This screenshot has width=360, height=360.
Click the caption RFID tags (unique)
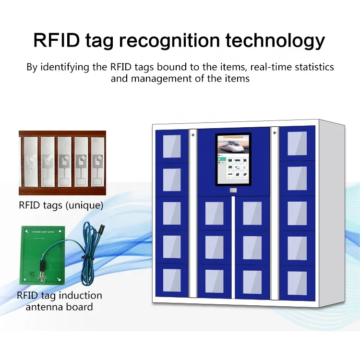point(60,205)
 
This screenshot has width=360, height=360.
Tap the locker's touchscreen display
point(233,158)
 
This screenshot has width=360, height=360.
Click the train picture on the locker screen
point(233,146)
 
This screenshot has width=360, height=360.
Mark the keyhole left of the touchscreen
point(193,135)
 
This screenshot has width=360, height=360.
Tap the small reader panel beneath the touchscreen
point(233,191)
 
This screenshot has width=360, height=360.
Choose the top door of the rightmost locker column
point(297,143)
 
